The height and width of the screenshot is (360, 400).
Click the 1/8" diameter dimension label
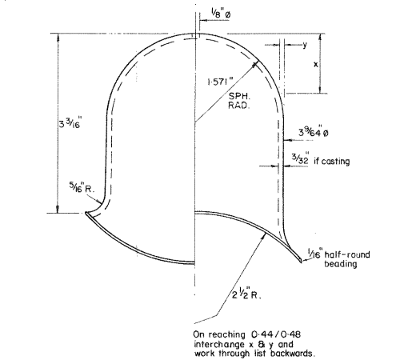tap(221, 14)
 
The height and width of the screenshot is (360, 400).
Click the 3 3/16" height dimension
tap(70, 123)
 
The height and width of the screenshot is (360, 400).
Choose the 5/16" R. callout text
tap(82, 188)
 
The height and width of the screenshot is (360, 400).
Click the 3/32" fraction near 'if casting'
tap(300, 158)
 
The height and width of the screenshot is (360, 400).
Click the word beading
tap(341, 264)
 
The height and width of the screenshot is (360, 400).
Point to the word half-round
tap(347, 254)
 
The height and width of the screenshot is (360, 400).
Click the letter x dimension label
tap(316, 64)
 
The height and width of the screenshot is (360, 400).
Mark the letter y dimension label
tap(305, 45)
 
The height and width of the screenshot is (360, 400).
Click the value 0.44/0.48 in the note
tap(276, 334)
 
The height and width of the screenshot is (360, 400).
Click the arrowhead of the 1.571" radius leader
tap(256, 63)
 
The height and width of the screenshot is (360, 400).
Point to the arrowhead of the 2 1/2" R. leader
tap(264, 236)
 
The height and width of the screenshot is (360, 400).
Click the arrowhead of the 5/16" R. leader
tap(99, 202)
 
